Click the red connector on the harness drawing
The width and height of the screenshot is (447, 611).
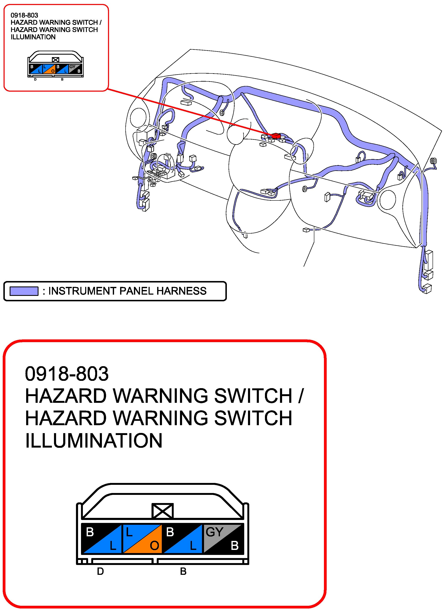276,136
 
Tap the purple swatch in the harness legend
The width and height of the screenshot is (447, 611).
24,291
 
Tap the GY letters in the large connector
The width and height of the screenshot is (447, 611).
214,532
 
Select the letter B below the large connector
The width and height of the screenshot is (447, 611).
183,571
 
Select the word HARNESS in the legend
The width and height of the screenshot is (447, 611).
182,291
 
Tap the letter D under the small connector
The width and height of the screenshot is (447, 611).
35,80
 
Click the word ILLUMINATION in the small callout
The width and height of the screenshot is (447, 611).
33,37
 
